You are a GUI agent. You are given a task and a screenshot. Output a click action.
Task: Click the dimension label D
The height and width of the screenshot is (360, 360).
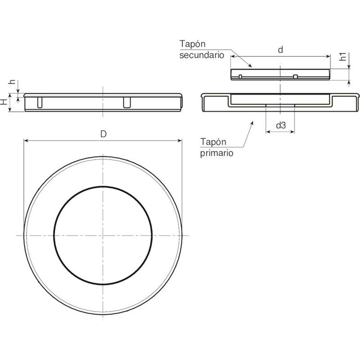coord(104,134)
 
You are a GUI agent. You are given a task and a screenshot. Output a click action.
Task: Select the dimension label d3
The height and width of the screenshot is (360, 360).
coord(281,125)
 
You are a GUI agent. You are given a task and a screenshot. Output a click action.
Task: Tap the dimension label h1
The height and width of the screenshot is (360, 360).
coord(343,56)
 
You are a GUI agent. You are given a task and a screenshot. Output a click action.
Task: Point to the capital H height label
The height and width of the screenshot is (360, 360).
coord(4,102)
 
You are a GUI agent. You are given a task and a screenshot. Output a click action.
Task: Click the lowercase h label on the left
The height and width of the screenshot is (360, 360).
coord(12,82)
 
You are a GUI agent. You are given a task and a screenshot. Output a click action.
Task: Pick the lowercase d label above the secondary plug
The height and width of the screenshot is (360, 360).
coord(280,50)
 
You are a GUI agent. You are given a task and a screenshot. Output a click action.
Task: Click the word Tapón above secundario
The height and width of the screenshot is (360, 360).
coord(192,44)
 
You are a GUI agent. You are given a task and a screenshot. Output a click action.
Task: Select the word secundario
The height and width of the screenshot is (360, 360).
coord(202,55)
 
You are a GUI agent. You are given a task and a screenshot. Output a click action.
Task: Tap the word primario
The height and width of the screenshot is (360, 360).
coord(217,153)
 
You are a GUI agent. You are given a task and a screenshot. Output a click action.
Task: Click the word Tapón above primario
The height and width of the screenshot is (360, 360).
coord(213,142)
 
